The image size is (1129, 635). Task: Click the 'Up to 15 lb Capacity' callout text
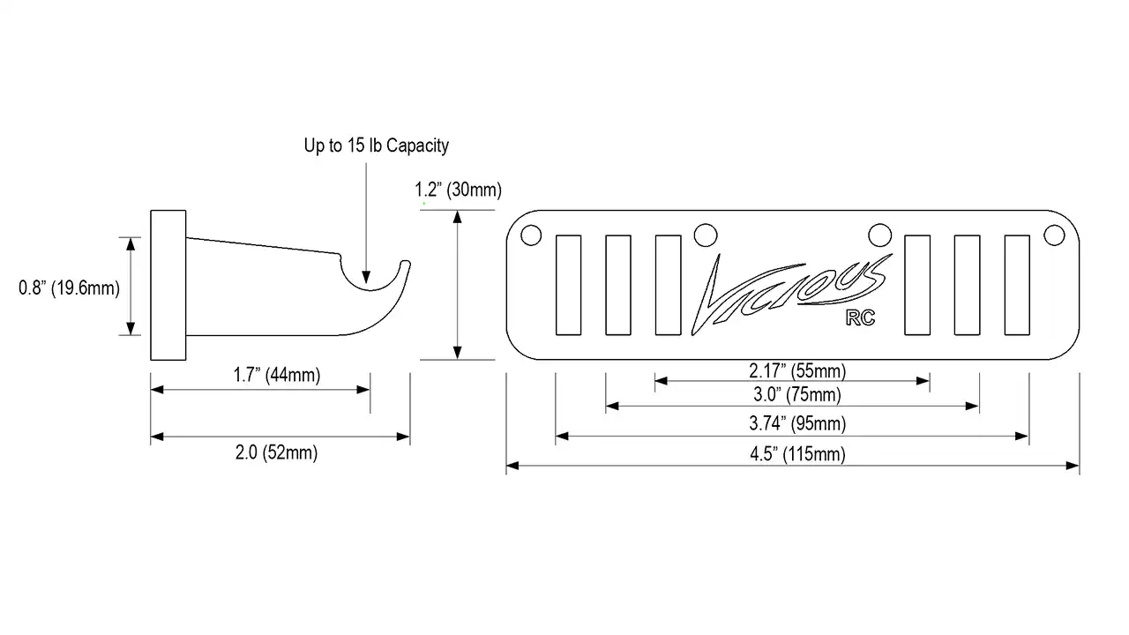click(x=376, y=146)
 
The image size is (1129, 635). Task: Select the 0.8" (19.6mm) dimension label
click(x=69, y=288)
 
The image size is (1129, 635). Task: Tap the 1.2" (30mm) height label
click(x=458, y=190)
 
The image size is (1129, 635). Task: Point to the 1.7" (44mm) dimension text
click(x=277, y=375)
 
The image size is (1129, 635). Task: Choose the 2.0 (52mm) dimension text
click(x=276, y=452)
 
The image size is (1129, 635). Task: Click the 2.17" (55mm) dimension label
click(x=797, y=371)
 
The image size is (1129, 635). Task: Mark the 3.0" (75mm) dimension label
click(x=797, y=394)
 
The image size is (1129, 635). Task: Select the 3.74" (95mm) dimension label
click(x=797, y=423)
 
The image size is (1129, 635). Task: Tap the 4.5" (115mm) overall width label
click(x=797, y=454)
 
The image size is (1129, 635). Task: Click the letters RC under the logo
click(x=860, y=318)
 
